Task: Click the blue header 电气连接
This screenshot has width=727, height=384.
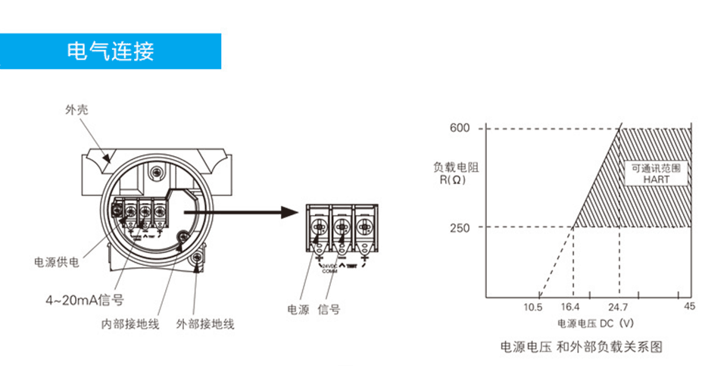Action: tap(111, 52)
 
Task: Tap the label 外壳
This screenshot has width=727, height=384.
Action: tap(76, 110)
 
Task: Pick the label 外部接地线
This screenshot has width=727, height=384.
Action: tap(205, 324)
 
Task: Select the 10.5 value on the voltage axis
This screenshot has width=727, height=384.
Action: tap(533, 308)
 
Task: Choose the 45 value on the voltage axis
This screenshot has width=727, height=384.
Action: tap(689, 307)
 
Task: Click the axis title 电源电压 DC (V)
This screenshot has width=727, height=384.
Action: tap(595, 323)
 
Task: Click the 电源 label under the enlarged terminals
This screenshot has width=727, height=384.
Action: tap(298, 309)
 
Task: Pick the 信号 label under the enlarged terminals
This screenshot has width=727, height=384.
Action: tap(329, 309)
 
